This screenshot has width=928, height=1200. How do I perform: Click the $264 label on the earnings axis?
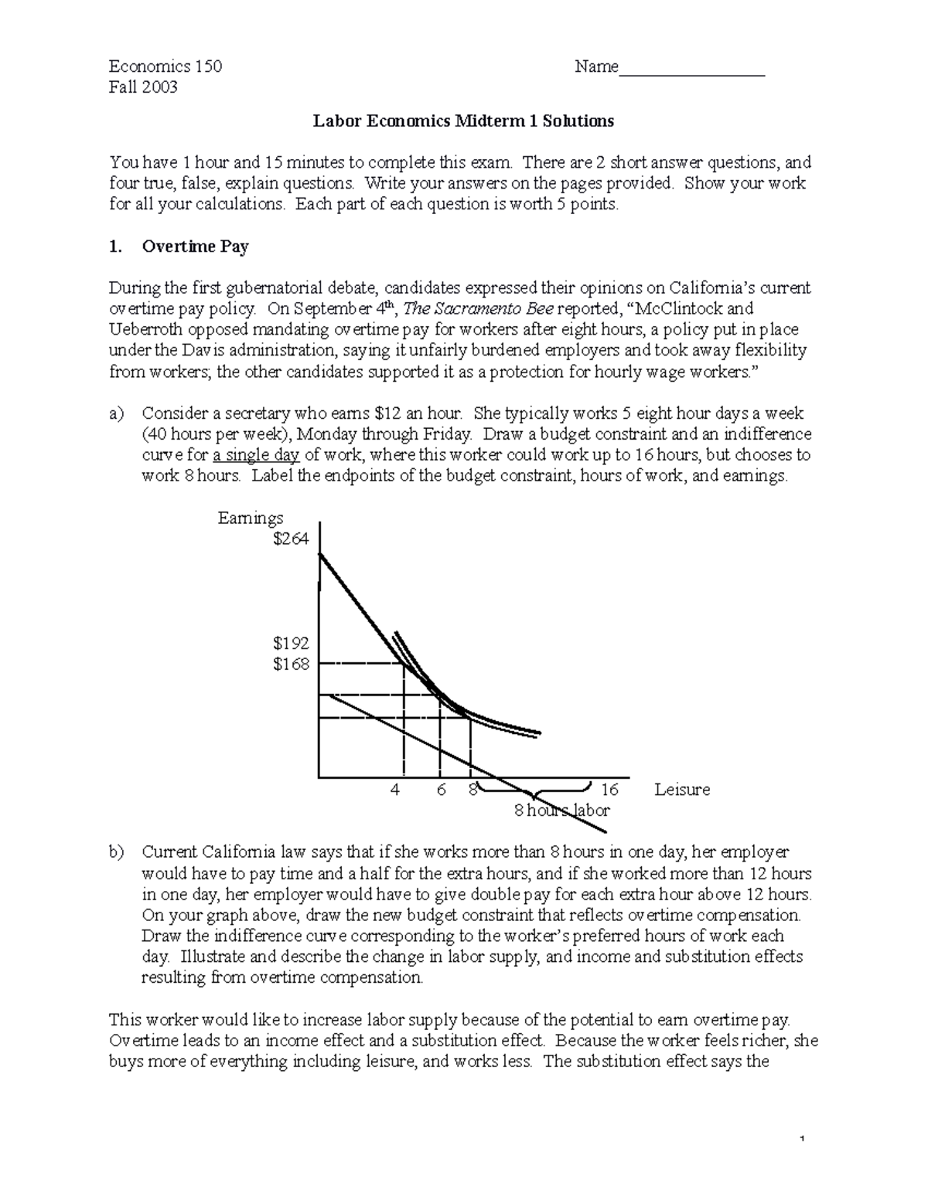tap(291, 539)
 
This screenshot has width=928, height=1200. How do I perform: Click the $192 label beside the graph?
tap(291, 643)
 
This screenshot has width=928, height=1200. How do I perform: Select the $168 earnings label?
tap(291, 664)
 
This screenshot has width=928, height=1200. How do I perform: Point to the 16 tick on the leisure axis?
tap(609, 790)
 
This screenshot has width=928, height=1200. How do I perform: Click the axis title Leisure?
tap(681, 790)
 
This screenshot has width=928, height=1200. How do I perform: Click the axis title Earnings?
tap(251, 518)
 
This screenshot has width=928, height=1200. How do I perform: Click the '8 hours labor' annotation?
tap(562, 811)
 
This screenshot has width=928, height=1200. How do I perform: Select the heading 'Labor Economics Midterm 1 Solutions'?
tap(462, 121)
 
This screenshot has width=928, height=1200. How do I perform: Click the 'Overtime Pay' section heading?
tap(195, 246)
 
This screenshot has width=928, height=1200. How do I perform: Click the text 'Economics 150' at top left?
tap(165, 66)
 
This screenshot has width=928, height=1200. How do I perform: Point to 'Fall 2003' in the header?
tap(143, 87)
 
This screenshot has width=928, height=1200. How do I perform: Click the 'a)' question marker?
tap(116, 413)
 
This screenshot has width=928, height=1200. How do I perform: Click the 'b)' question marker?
tap(116, 852)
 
